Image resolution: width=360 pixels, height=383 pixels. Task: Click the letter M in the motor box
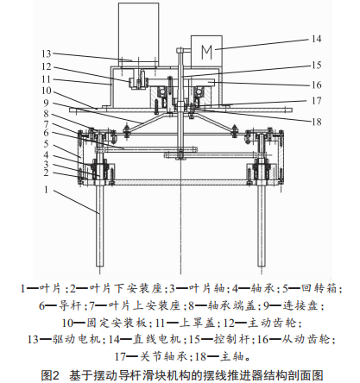coord(206,53)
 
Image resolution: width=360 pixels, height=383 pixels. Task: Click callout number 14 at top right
coord(317,39)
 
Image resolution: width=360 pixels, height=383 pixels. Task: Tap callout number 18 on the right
coord(317,122)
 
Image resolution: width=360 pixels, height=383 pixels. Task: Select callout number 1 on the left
coord(46,190)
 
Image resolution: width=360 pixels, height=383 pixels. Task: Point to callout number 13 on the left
coord(46,53)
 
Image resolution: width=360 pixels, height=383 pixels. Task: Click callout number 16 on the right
coord(317,85)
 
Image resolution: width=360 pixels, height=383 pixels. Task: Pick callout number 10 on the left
coord(46,91)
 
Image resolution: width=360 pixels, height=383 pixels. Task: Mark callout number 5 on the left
coord(46,144)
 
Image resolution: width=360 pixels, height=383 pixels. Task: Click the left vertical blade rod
coord(99,226)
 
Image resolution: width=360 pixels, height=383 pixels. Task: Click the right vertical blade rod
coord(261,226)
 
